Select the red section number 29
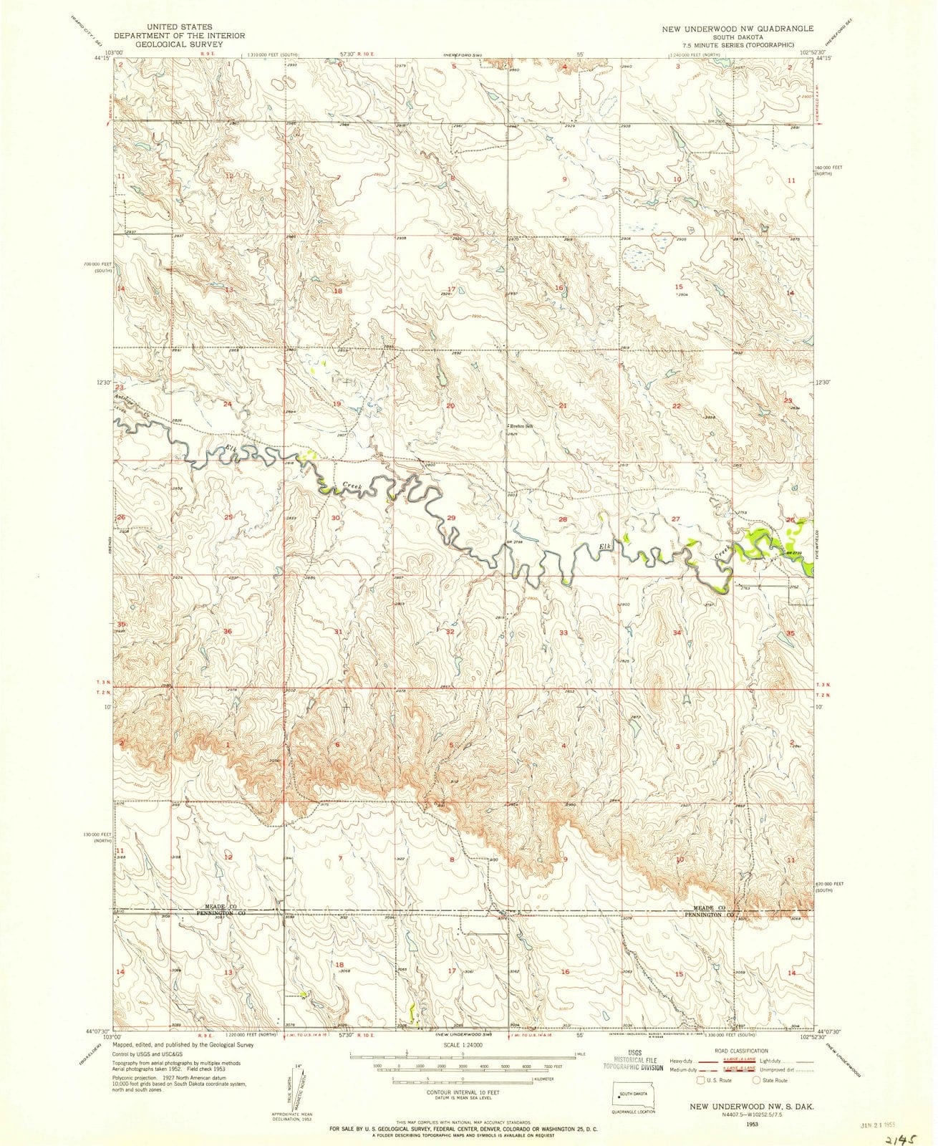[x=450, y=518]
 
